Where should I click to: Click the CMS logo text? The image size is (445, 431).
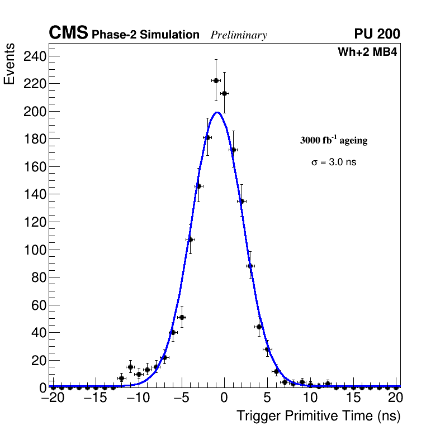coord(68,33)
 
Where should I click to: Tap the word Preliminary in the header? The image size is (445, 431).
coord(239,35)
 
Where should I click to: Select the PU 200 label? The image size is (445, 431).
coord(377,35)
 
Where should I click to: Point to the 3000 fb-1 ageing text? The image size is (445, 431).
coord(334,140)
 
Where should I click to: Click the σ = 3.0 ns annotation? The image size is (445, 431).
coord(334,162)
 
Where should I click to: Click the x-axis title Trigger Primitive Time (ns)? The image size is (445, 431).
coord(318,416)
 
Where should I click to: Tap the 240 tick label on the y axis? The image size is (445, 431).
coord(35,56)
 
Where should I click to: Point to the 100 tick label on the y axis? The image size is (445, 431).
coord(35,250)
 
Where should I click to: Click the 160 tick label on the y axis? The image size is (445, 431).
coord(35,166)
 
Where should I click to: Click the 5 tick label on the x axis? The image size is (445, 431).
coord(267,398)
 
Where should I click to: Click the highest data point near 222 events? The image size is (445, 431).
coord(216,81)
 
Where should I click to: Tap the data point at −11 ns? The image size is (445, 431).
coord(130,367)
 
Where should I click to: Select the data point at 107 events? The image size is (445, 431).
coord(190,240)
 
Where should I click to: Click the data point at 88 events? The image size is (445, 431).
coord(250,266)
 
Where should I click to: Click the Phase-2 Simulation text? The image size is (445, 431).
coord(145,35)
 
